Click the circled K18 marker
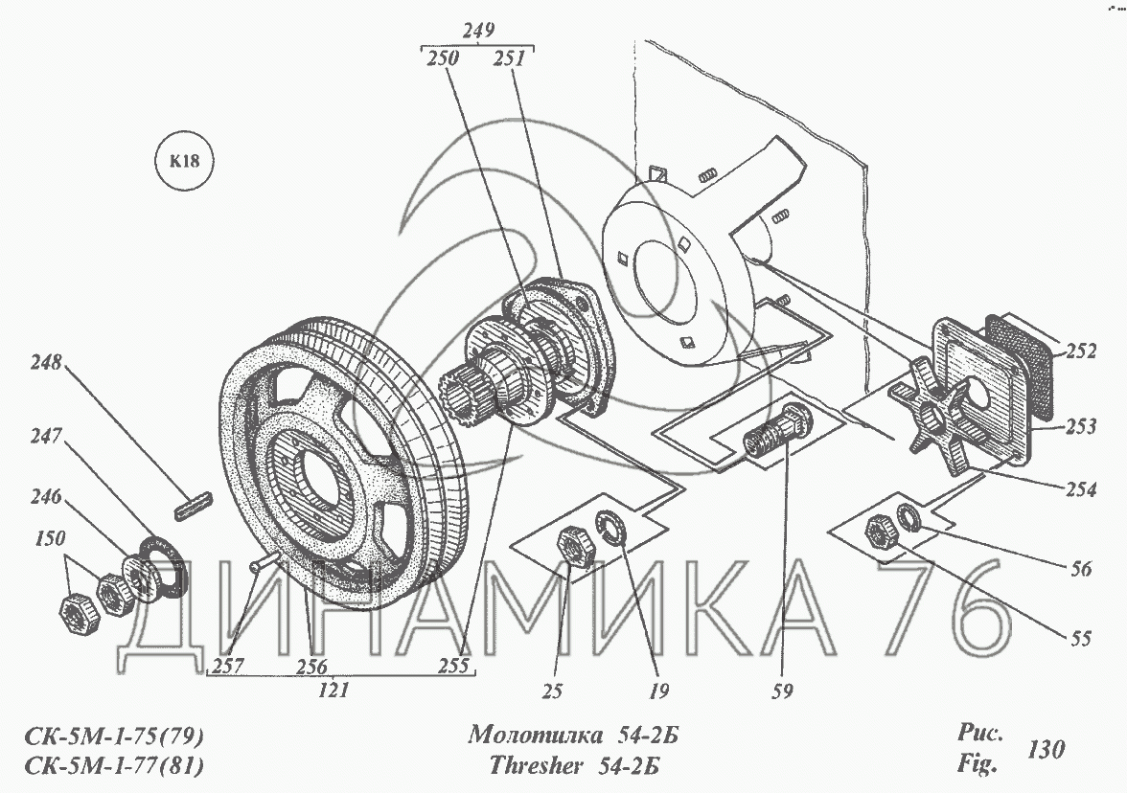click(185, 160)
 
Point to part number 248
click(46, 361)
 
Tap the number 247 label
click(46, 435)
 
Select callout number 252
click(1081, 351)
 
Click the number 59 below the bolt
click(782, 691)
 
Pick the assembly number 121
click(333, 691)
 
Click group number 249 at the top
click(478, 31)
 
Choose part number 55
click(1080, 638)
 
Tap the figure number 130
click(1046, 749)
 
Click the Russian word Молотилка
click(536, 735)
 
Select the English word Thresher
click(536, 766)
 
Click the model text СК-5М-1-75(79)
click(113, 736)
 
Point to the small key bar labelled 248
click(194, 506)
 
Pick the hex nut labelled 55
click(882, 533)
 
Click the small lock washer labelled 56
click(908, 516)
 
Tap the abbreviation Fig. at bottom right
click(977, 763)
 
